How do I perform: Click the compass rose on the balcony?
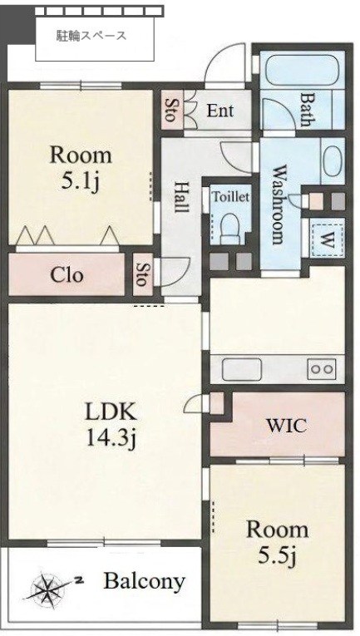(x=48, y=586)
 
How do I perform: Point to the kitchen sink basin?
(x=242, y=369)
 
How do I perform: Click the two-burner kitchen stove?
(x=322, y=369)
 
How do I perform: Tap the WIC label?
(x=286, y=426)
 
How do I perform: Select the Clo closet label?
(x=67, y=275)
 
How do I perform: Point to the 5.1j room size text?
(x=81, y=182)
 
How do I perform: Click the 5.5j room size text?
(x=278, y=555)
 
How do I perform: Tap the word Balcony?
(x=145, y=582)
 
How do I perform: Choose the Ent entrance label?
(x=220, y=111)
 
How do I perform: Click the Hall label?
(x=181, y=198)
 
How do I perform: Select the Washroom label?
(x=278, y=204)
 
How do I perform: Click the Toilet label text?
(x=231, y=197)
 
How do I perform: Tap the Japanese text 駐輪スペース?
(x=91, y=36)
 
